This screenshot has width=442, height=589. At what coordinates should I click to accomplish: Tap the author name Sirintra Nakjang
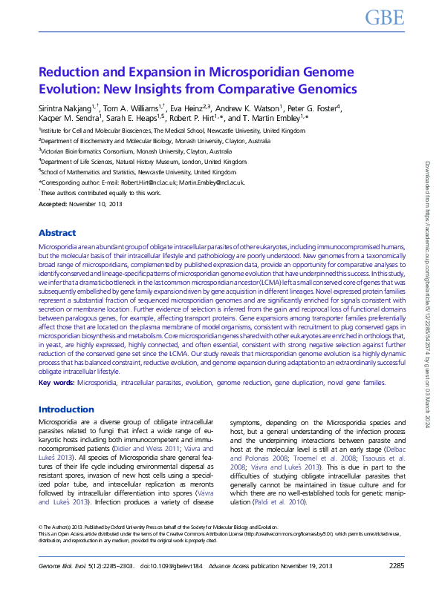(x=65, y=107)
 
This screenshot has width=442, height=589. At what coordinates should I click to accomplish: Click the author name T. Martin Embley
(x=277, y=118)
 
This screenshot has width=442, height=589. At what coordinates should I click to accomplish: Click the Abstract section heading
(x=57, y=232)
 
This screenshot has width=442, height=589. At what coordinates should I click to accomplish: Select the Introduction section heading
(x=66, y=409)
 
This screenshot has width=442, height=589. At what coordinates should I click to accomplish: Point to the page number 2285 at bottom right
(x=397, y=566)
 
